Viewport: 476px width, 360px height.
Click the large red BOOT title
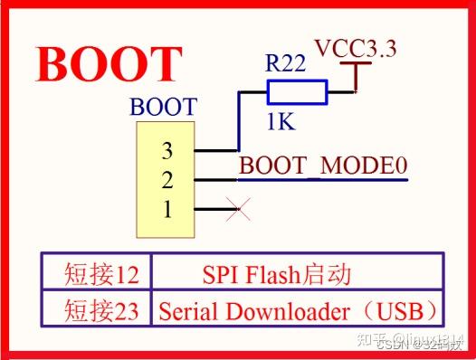pyautogui.click(x=109, y=64)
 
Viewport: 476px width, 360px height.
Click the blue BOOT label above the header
pyautogui.click(x=163, y=107)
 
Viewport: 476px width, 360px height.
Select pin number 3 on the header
pyautogui.click(x=167, y=149)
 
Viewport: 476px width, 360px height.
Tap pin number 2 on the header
pyautogui.click(x=167, y=179)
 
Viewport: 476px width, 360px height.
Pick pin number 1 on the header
pyautogui.click(x=167, y=210)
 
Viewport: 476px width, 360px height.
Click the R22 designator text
pyautogui.click(x=285, y=63)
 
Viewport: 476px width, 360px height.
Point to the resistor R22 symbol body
pyautogui.click(x=297, y=91)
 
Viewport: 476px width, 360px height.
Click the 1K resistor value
pyautogui.click(x=280, y=121)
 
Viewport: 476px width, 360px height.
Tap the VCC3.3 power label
pyautogui.click(x=355, y=49)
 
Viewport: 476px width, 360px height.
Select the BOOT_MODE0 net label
pyautogui.click(x=323, y=166)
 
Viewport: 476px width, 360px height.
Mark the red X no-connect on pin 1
pyautogui.click(x=239, y=211)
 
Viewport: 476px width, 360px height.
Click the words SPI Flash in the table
pyautogui.click(x=243, y=272)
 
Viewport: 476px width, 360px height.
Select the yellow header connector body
pyautogui.click(x=165, y=180)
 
